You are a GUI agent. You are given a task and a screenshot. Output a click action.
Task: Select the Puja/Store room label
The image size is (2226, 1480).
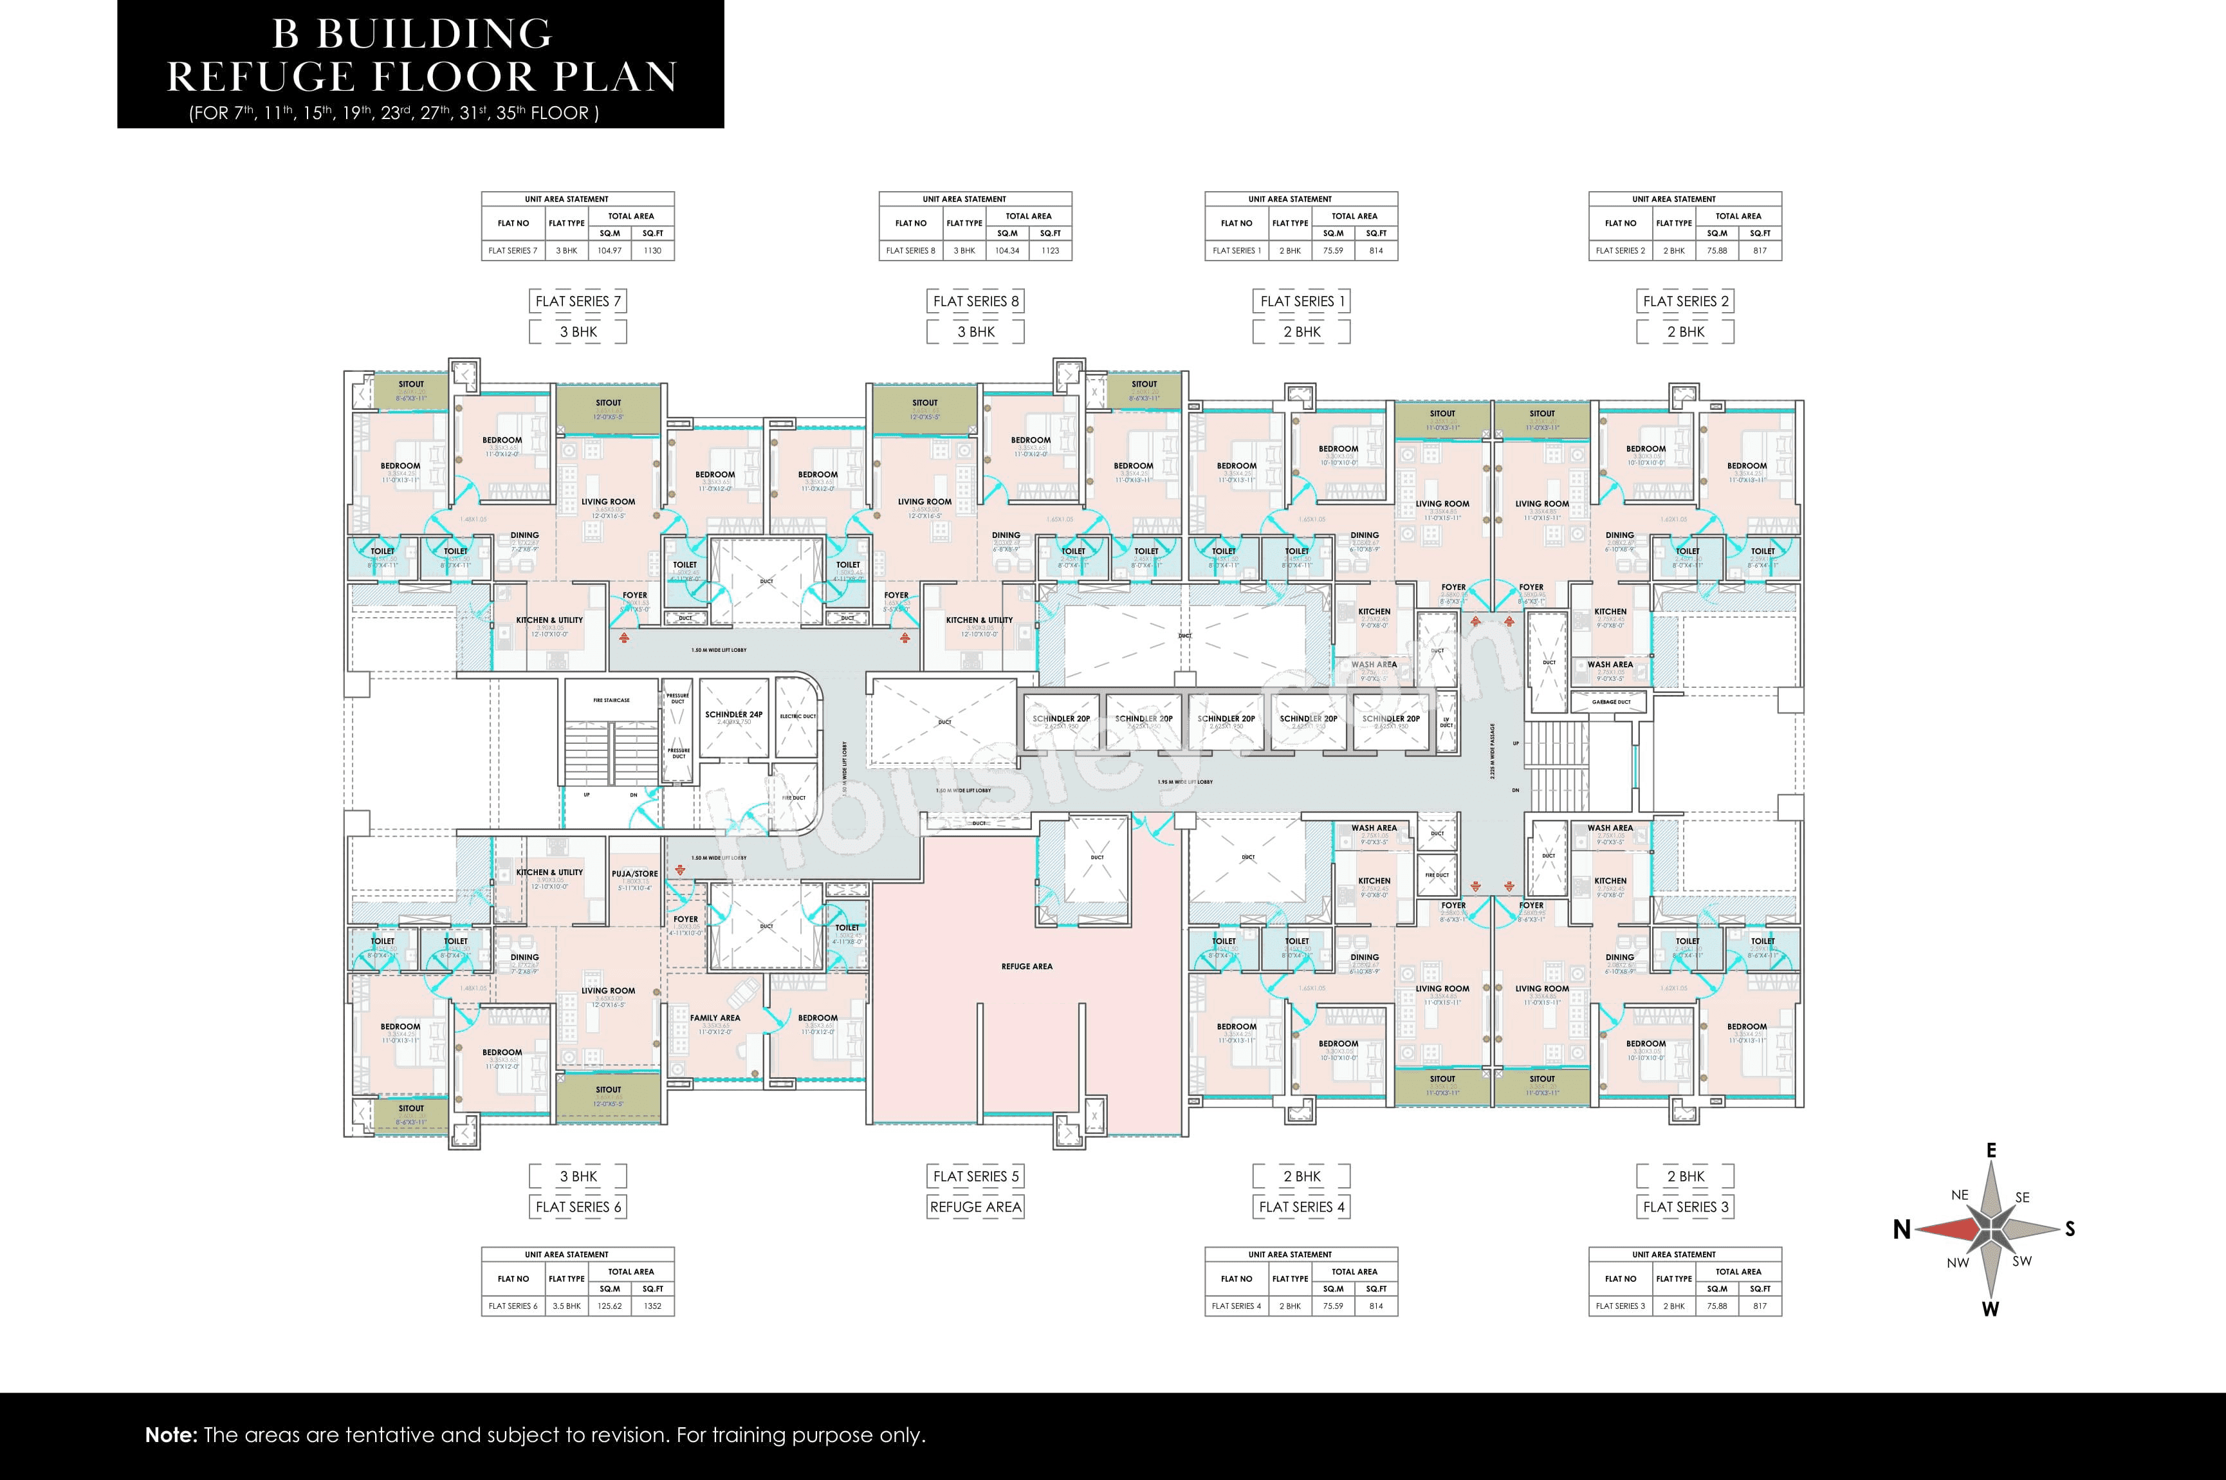pos(634,874)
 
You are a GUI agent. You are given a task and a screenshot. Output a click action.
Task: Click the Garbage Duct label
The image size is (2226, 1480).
pos(1611,702)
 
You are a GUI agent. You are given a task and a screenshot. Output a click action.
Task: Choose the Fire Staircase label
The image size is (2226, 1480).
pos(611,700)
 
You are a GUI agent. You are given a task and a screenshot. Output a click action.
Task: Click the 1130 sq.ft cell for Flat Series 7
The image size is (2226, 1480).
pos(652,251)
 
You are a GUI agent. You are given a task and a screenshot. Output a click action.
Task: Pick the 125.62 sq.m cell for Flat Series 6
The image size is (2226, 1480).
pos(610,1306)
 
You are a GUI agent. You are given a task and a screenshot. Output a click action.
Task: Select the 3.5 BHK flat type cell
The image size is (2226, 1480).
pos(566,1306)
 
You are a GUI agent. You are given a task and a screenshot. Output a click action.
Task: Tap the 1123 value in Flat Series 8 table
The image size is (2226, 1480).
pos(1050,251)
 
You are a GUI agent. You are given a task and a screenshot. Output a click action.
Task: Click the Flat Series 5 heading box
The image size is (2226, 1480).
pos(976,1176)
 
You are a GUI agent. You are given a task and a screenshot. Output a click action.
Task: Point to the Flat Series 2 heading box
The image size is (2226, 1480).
pos(1686,301)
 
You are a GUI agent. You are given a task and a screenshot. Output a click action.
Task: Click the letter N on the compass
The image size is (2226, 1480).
pos(1901,1229)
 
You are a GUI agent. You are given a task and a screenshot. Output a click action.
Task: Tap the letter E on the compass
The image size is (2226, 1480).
pos(1991,1150)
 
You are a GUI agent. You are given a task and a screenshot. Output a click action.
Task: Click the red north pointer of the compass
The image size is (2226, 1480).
pos(1949,1229)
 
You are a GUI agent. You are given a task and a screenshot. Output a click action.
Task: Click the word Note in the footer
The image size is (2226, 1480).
pos(170,1436)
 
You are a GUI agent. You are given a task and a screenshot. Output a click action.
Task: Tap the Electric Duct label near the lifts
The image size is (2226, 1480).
pos(797,716)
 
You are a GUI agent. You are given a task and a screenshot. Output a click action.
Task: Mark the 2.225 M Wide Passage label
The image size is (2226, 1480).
pos(1493,750)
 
